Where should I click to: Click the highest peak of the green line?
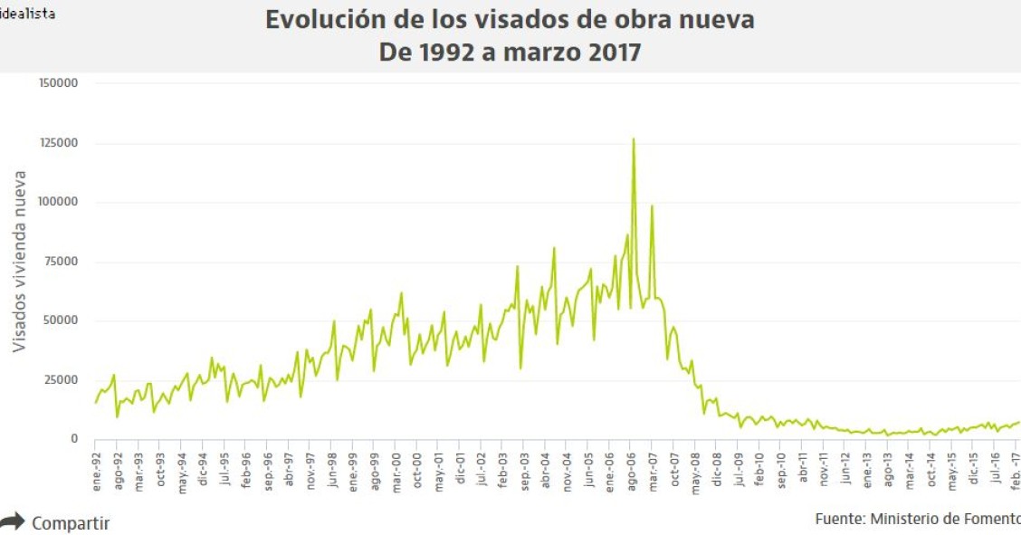tap(634, 139)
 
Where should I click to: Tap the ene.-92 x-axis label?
tap(97, 471)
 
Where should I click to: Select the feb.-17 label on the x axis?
tap(1015, 471)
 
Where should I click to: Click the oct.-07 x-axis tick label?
tap(674, 471)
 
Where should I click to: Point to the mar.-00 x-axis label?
tap(396, 471)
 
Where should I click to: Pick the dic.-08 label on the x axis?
tap(717, 471)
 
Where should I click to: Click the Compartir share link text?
tap(71, 523)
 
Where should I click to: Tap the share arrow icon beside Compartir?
tap(13, 522)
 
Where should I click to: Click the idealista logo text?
tap(27, 14)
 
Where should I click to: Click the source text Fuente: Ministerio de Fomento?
tap(917, 519)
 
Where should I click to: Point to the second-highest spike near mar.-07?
tap(652, 206)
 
